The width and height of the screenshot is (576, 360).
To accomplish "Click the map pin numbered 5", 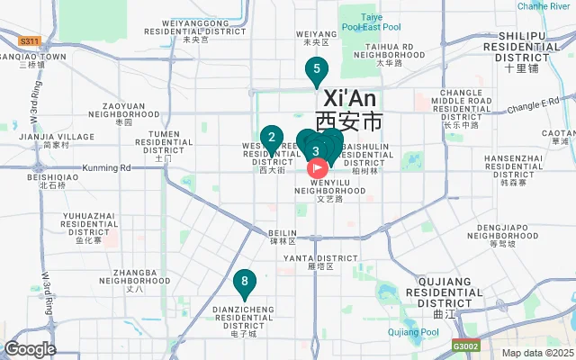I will click(x=316, y=69).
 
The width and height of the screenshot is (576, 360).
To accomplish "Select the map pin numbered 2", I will click(x=272, y=138).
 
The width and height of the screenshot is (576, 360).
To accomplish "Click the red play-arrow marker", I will click(x=318, y=166).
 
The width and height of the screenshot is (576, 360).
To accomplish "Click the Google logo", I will click(x=30, y=349).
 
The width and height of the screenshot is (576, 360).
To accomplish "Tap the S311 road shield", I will click(x=30, y=41).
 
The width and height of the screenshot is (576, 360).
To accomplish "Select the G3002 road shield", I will click(x=465, y=346).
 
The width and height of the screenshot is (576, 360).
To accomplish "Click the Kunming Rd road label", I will click(x=106, y=167).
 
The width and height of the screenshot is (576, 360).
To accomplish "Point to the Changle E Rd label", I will click(x=533, y=107).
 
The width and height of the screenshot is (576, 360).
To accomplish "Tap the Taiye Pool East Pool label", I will click(x=372, y=22).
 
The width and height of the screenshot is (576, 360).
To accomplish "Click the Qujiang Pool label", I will click(x=413, y=332).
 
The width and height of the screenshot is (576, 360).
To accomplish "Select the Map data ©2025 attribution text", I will click(x=536, y=353).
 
